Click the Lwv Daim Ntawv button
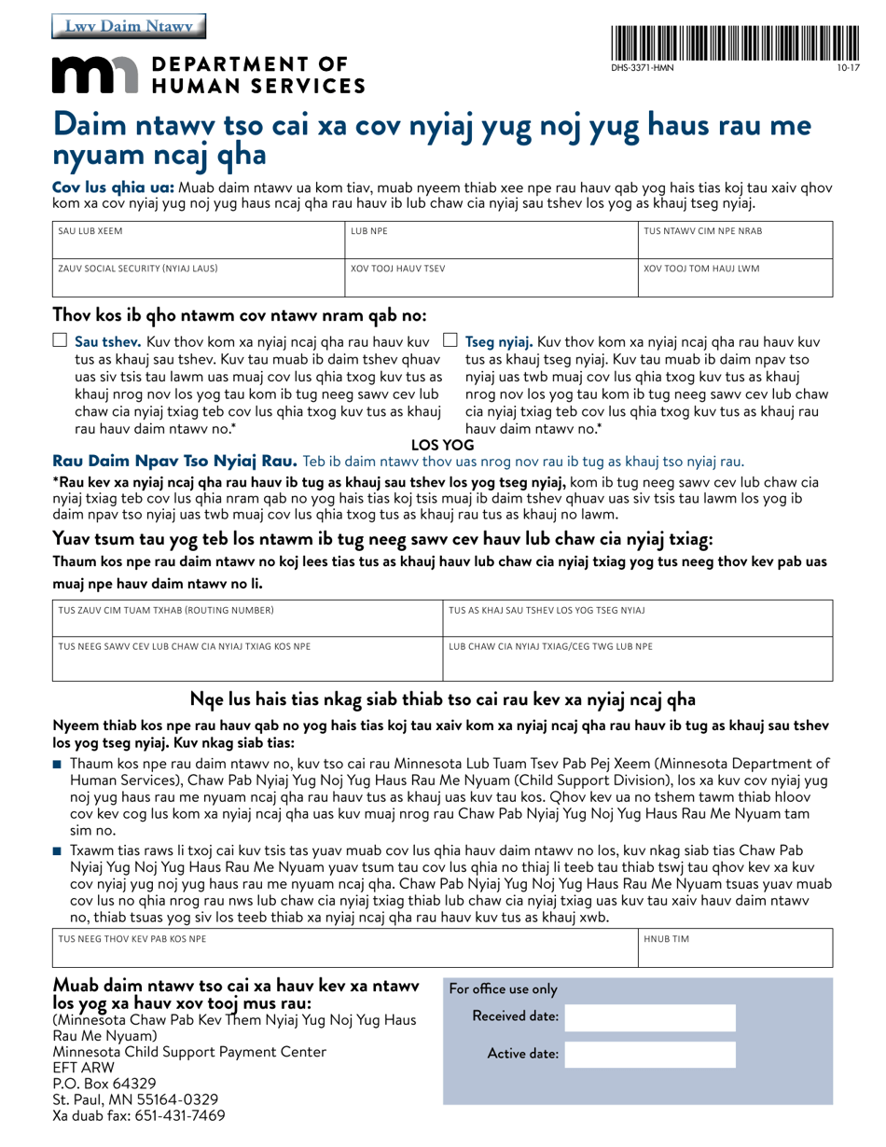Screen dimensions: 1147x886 point(130,27)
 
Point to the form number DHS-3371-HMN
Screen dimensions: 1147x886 point(643,68)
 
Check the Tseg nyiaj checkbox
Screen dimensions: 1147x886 point(450,341)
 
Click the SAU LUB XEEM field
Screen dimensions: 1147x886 point(196,244)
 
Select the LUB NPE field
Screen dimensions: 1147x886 point(490,244)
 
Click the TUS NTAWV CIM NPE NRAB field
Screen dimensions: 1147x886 point(735,244)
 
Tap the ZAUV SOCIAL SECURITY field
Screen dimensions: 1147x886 point(196,282)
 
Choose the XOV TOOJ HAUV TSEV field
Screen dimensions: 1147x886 point(490,282)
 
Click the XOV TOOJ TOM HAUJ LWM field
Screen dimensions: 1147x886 point(735,282)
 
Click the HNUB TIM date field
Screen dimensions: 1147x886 point(735,952)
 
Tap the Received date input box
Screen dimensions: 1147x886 point(650,1017)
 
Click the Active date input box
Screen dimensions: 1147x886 point(650,1055)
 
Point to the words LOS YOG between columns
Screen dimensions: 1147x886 point(443,446)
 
